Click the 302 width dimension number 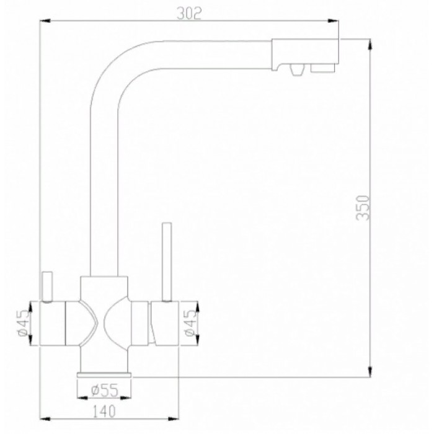pyautogui.click(x=190, y=15)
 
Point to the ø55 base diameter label pyautogui.click(x=104, y=389)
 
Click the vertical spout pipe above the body pyautogui.click(x=104, y=186)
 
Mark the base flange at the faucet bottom pyautogui.click(x=104, y=374)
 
